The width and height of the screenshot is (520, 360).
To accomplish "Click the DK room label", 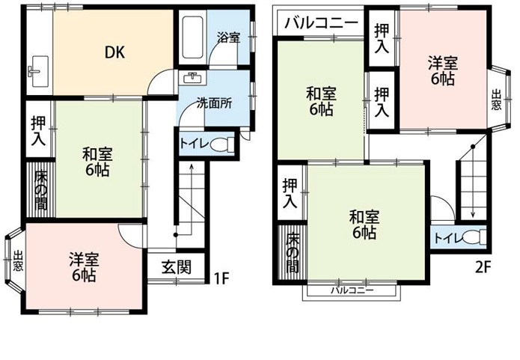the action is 114,52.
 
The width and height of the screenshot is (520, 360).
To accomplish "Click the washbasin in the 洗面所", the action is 192,78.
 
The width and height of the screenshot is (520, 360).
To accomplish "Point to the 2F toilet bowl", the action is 474,237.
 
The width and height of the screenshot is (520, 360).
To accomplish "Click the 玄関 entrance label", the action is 177,267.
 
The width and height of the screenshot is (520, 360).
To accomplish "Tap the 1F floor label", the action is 221,278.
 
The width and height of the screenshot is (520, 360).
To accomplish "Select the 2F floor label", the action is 483,267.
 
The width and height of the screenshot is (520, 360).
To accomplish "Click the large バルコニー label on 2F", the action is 322,23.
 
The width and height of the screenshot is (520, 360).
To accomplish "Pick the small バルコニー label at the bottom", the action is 352,291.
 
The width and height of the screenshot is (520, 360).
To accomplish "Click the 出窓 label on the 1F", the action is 18,261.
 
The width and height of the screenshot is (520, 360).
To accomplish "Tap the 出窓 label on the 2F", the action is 496,100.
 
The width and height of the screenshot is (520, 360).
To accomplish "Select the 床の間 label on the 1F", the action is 41,190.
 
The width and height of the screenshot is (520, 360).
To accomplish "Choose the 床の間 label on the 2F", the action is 292,254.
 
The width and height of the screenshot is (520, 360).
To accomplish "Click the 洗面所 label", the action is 214,103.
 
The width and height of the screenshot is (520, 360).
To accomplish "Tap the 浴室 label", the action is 228,37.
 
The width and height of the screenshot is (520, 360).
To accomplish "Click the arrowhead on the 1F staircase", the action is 192,166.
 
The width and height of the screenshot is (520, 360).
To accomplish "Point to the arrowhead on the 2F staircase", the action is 473,216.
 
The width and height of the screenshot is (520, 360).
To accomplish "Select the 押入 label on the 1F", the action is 38,131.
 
